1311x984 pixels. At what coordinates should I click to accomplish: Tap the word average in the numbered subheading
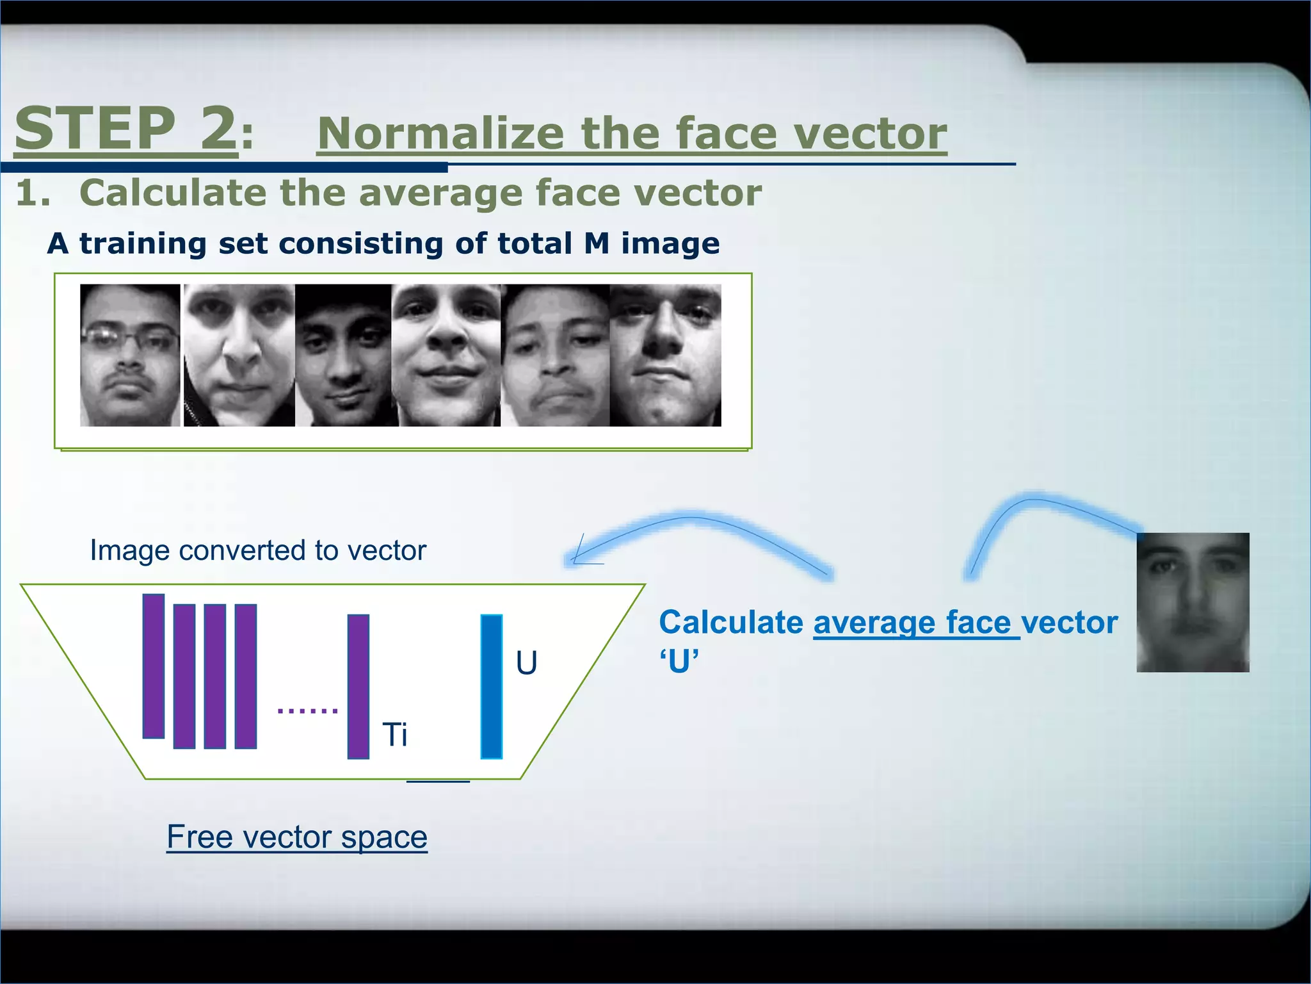pyautogui.click(x=442, y=193)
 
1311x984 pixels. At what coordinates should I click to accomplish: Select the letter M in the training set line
pyautogui.click(x=597, y=243)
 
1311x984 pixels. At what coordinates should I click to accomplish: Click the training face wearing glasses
pyautogui.click(x=130, y=356)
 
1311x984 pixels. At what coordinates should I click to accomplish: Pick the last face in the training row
pyautogui.click(x=665, y=356)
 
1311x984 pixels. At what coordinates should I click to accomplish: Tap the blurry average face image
pyautogui.click(x=1193, y=602)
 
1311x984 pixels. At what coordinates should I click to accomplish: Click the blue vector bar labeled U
pyautogui.click(x=491, y=687)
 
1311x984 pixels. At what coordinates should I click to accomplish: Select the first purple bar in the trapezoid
pyautogui.click(x=154, y=666)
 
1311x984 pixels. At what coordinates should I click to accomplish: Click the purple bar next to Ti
pyautogui.click(x=358, y=687)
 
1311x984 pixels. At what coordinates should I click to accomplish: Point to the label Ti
pyautogui.click(x=394, y=734)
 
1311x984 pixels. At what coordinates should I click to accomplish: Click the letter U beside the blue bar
pyautogui.click(x=526, y=663)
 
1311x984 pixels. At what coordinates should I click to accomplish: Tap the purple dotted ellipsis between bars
pyautogui.click(x=307, y=710)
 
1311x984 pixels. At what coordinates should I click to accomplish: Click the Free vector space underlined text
pyautogui.click(x=297, y=837)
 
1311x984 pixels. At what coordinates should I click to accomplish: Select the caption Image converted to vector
pyautogui.click(x=257, y=550)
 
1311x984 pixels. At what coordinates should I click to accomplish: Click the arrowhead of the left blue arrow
pyautogui.click(x=576, y=557)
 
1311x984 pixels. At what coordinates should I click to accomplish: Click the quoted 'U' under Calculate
pyautogui.click(x=679, y=662)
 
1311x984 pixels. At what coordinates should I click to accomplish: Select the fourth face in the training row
pyautogui.click(x=446, y=356)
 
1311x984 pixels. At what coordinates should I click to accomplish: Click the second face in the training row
pyautogui.click(x=239, y=356)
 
